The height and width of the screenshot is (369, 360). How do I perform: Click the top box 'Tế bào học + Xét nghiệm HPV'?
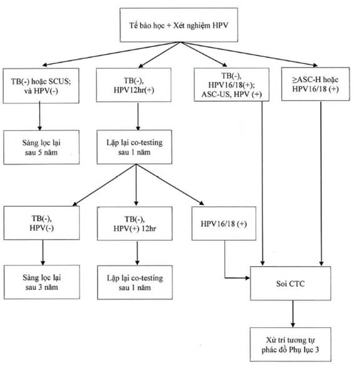[x=179, y=25]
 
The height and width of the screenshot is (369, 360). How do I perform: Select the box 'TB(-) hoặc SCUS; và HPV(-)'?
[x=41, y=86]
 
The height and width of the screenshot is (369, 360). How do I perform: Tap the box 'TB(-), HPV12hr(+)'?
[x=134, y=85]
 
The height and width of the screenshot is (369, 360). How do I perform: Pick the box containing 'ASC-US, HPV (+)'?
[x=231, y=84]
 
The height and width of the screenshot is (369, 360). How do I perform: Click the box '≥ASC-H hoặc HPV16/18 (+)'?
[x=316, y=84]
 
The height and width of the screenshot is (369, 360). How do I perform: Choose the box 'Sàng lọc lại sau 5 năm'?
[x=41, y=147]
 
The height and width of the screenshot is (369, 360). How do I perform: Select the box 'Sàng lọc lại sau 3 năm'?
[x=42, y=282]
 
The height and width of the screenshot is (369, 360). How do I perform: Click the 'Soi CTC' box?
[x=291, y=283]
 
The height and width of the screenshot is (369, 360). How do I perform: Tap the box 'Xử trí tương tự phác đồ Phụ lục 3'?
[x=291, y=344]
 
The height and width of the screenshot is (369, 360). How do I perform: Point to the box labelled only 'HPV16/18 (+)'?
[x=224, y=223]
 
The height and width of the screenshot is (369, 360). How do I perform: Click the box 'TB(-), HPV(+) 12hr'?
[x=134, y=223]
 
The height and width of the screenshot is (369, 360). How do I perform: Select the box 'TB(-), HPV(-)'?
[x=42, y=223]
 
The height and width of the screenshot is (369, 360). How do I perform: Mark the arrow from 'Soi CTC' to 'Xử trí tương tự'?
[x=292, y=314]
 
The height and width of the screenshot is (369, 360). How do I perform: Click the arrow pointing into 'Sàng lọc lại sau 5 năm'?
[x=39, y=116]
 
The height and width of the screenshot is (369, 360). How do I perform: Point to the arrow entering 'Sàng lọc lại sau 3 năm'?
[x=42, y=253]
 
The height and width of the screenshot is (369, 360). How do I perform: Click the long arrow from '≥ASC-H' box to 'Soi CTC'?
[x=321, y=183]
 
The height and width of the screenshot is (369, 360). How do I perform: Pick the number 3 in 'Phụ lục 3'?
[x=317, y=350]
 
